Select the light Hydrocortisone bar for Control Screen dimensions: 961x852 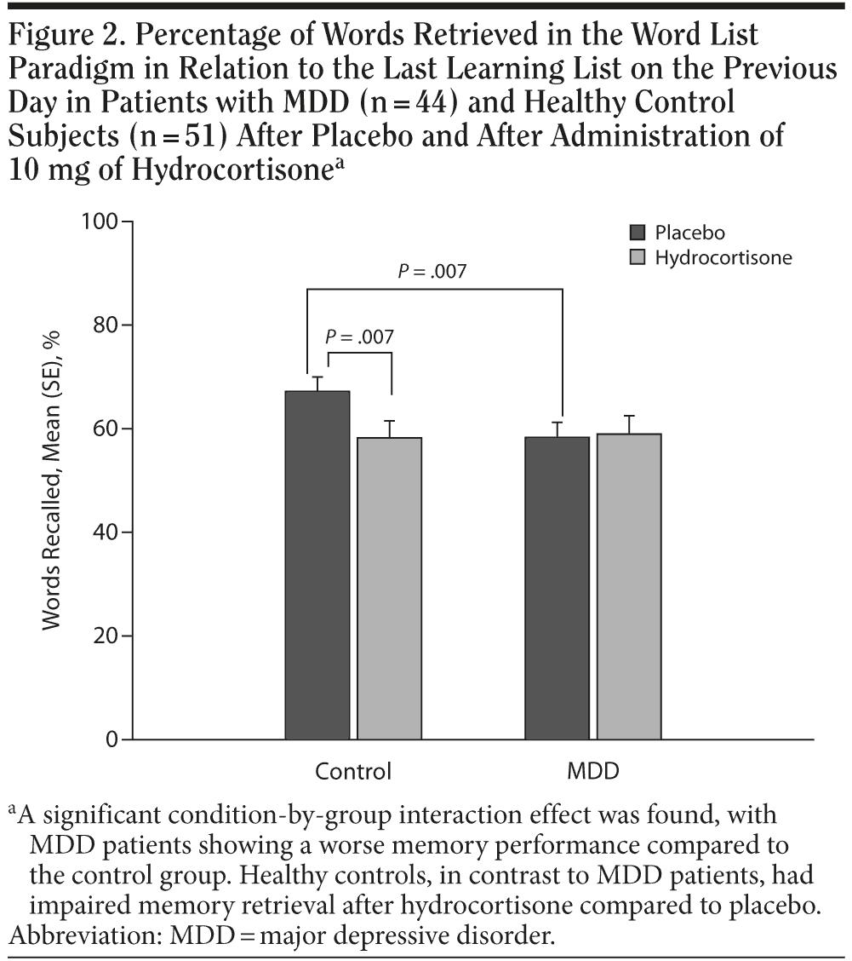(x=389, y=588)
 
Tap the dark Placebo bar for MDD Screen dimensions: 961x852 (x=557, y=588)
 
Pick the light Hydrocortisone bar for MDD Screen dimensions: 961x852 (x=629, y=586)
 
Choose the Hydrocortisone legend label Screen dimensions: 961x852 (x=723, y=257)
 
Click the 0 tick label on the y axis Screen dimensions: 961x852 (x=113, y=739)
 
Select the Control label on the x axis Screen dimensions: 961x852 (x=353, y=772)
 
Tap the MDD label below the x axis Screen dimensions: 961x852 (x=593, y=772)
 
